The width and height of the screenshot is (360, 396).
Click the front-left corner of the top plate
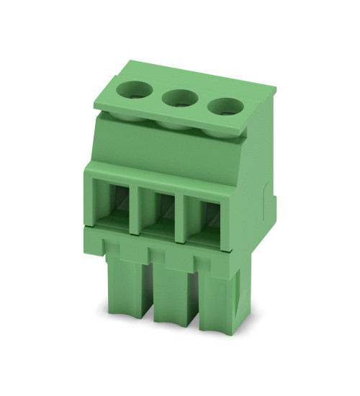95,107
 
